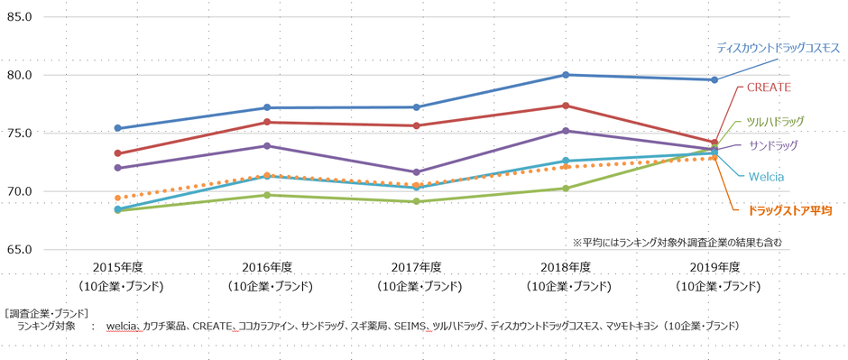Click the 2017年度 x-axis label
(x=417, y=267)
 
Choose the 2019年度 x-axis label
(x=716, y=267)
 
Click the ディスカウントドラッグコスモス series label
(x=779, y=47)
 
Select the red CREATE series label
(x=769, y=88)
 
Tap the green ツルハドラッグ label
(x=774, y=121)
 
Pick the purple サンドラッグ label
(x=774, y=144)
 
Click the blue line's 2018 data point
(x=566, y=75)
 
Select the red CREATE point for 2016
(x=267, y=122)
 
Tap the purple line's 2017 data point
(x=416, y=172)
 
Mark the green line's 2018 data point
(x=566, y=189)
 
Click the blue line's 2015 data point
(x=118, y=128)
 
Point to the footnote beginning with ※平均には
(x=677, y=243)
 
